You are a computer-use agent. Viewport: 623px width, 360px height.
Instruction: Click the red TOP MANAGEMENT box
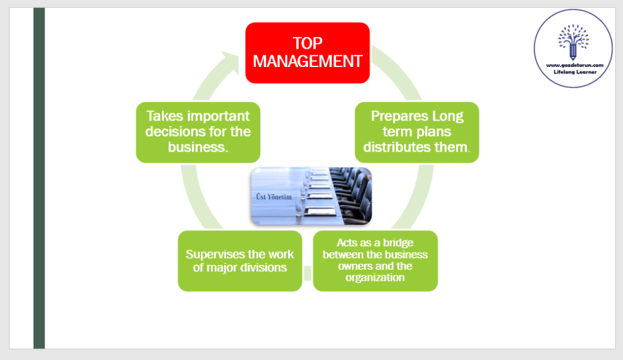pyautogui.click(x=308, y=52)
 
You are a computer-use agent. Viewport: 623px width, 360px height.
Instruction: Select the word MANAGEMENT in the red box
pyautogui.click(x=308, y=62)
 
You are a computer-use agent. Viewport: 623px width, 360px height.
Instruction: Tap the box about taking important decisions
pyautogui.click(x=198, y=132)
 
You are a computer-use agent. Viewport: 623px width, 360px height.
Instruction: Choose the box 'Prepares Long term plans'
pyautogui.click(x=417, y=132)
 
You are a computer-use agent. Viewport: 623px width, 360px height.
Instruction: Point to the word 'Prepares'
pyautogui.click(x=399, y=116)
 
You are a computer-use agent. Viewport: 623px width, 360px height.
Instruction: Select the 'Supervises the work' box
pyautogui.click(x=240, y=261)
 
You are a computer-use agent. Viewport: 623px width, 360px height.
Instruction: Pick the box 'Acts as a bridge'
pyautogui.click(x=375, y=261)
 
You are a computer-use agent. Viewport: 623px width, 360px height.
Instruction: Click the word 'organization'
pyautogui.click(x=375, y=278)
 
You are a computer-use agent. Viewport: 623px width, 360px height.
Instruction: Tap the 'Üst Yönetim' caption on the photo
pyautogui.click(x=275, y=197)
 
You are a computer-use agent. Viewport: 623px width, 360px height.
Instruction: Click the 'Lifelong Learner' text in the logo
pyautogui.click(x=574, y=71)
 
